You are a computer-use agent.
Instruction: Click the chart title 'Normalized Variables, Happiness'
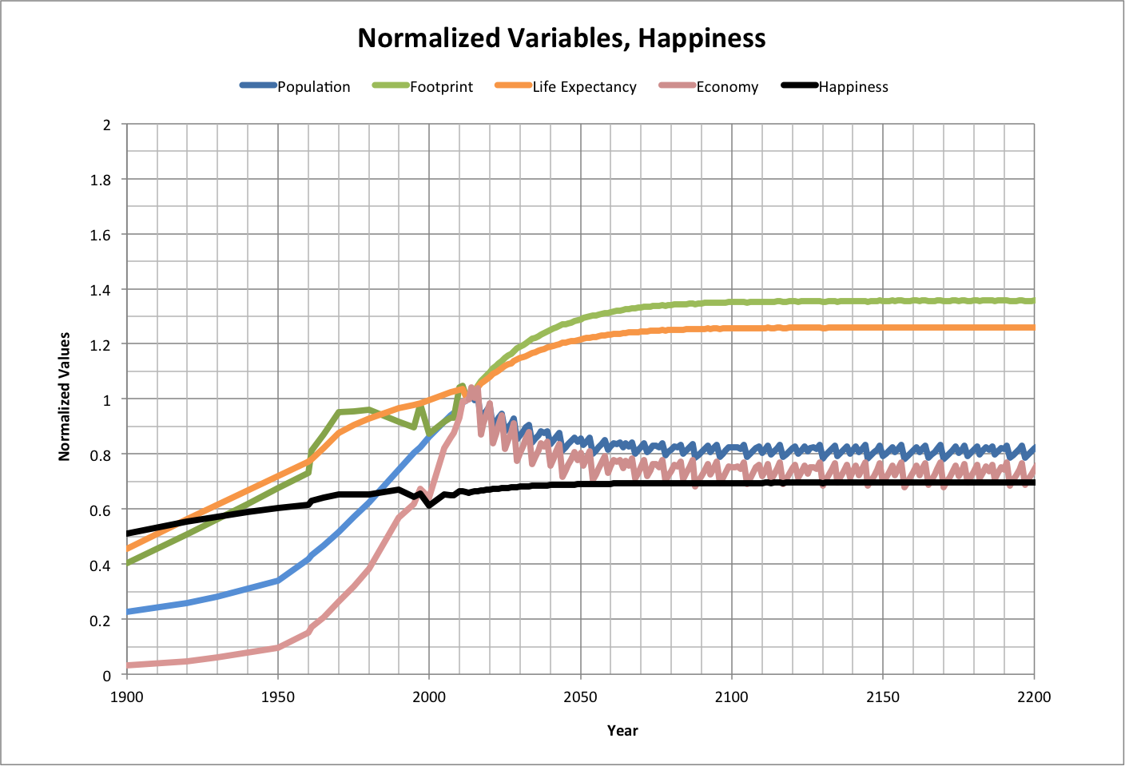[x=562, y=38]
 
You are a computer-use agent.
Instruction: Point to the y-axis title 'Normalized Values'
[x=65, y=397]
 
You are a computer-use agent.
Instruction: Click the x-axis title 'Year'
[x=622, y=730]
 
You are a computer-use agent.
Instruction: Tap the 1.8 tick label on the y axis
[x=101, y=180]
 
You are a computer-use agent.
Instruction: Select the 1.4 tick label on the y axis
[x=101, y=290]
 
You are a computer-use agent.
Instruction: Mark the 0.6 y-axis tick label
[x=101, y=510]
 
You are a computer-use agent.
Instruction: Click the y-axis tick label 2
[x=107, y=125]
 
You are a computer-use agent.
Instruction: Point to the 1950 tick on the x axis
[x=277, y=697]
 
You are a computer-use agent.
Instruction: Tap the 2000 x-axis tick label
[x=429, y=697]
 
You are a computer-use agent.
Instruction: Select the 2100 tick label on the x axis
[x=732, y=697]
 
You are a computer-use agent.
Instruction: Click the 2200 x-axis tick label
[x=1034, y=697]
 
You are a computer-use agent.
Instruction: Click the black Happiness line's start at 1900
[x=128, y=534]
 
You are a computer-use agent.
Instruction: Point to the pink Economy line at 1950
[x=278, y=647]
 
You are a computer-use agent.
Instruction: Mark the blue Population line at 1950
[x=278, y=581]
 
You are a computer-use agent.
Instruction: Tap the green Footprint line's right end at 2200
[x=1033, y=300]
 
